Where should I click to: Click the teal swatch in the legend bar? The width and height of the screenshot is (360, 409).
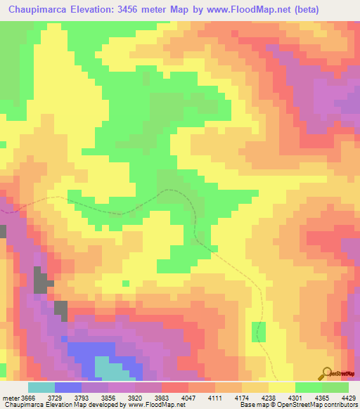tap(41, 387)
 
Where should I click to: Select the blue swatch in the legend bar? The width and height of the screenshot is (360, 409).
tap(68, 387)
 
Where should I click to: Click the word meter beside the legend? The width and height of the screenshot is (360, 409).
tap(11, 397)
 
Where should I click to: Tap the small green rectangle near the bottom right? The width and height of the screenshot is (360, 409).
tap(259, 332)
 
